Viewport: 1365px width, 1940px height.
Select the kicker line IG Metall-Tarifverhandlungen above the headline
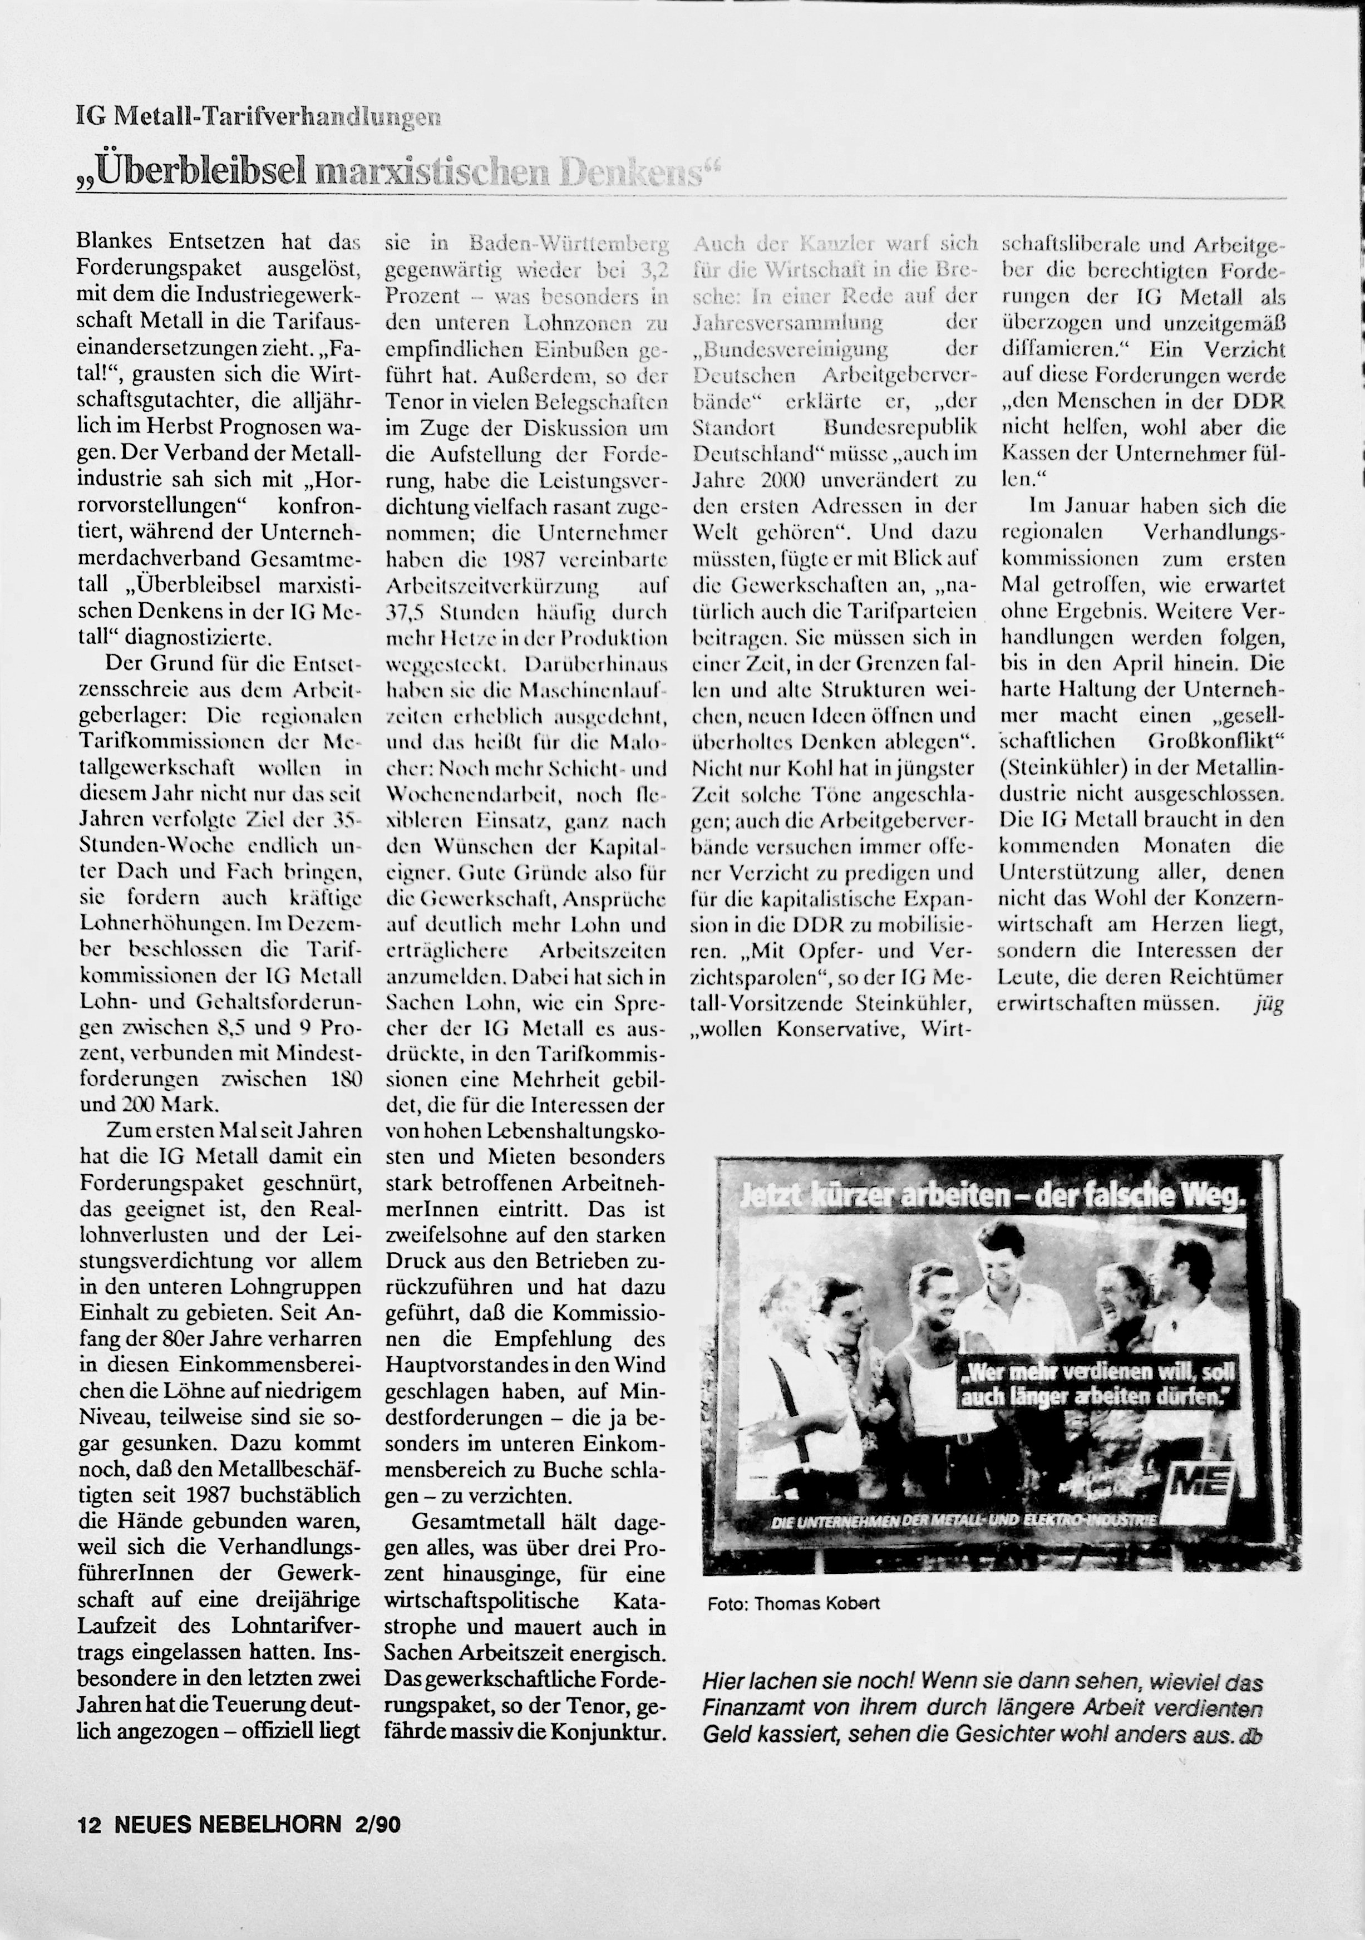pos(258,117)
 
